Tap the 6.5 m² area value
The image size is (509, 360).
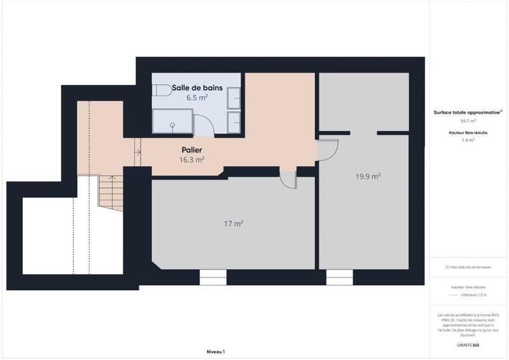[x=197, y=98]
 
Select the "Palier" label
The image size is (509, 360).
[x=192, y=151]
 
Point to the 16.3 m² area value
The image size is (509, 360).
[x=192, y=160]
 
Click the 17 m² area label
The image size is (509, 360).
[x=234, y=223]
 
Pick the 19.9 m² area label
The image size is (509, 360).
[x=368, y=176]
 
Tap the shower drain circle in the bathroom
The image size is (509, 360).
[x=172, y=125]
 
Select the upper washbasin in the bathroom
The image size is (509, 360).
[x=234, y=99]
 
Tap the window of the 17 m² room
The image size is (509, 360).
[x=213, y=277]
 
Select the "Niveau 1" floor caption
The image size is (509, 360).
[x=216, y=351]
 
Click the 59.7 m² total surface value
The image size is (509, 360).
[x=468, y=120]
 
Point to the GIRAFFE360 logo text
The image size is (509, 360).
[x=468, y=343]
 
